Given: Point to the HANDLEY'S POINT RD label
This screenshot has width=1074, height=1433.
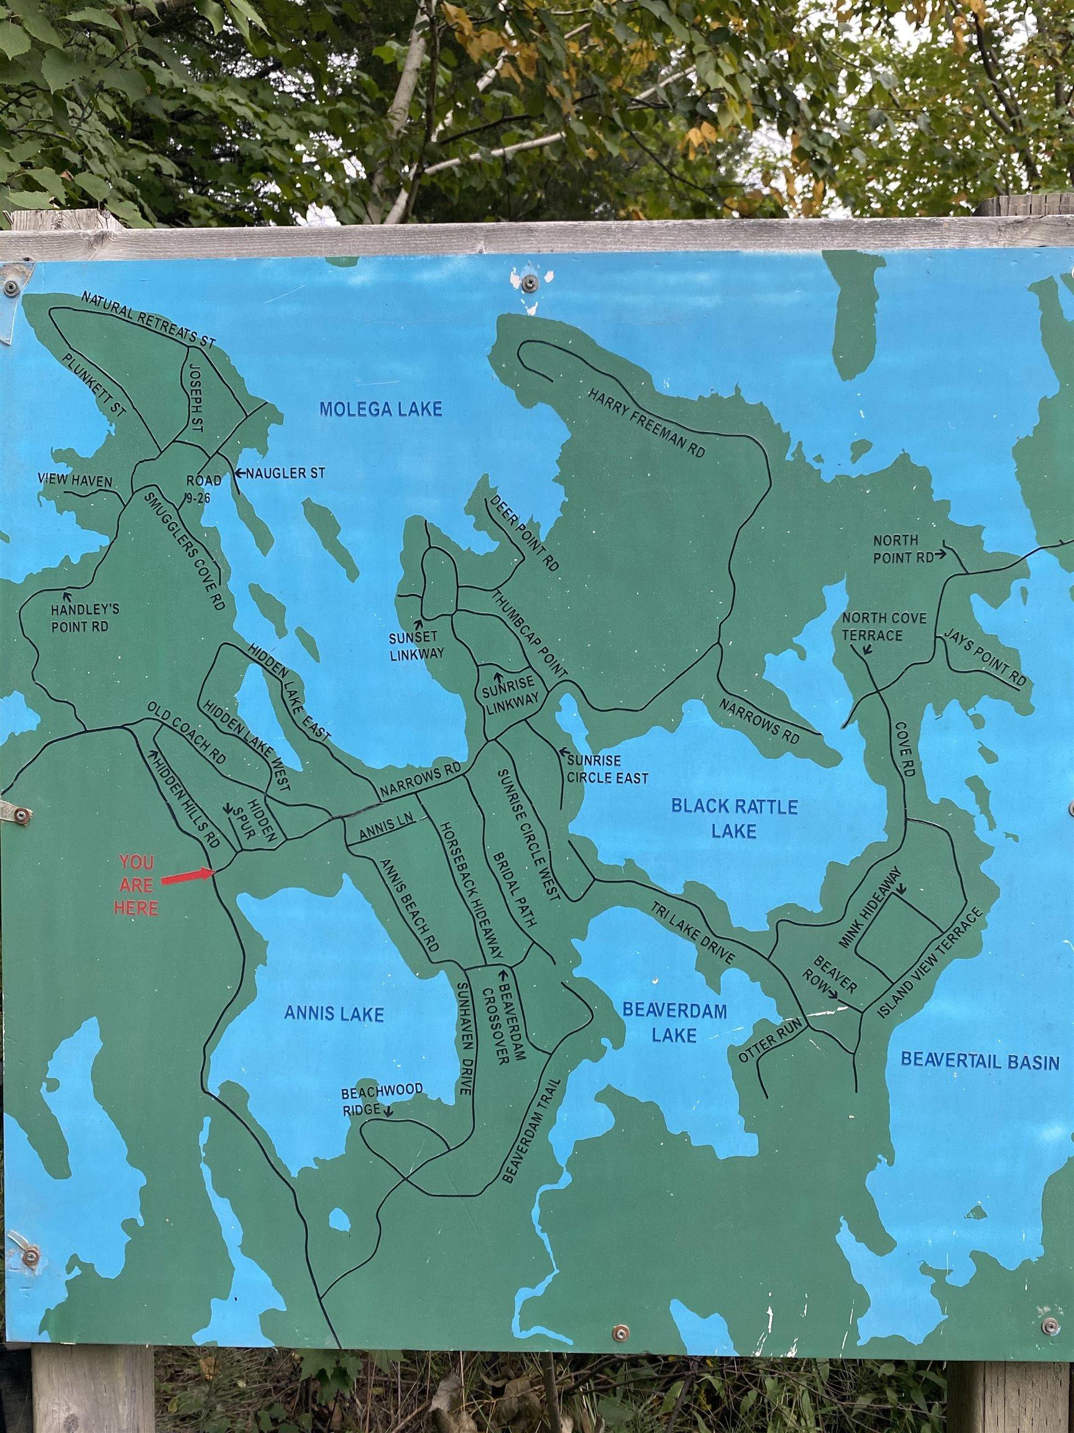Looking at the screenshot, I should point(80,618).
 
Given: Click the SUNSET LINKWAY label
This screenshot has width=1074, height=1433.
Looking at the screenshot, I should point(416,646).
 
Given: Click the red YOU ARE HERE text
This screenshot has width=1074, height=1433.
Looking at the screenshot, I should point(136,885).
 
